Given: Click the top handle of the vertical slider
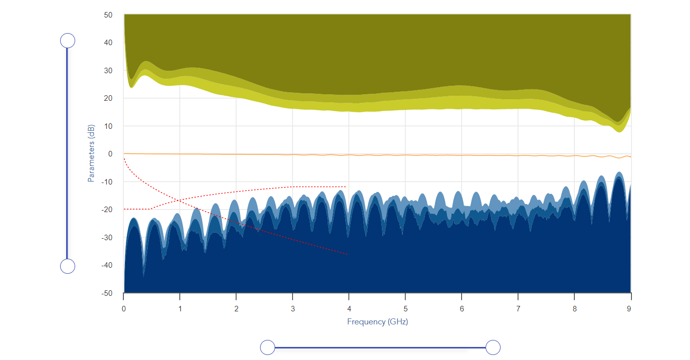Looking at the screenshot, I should click(68, 41).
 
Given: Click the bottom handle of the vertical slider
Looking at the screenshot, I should click(68, 266).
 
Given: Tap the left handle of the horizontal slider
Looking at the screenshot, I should click(268, 347).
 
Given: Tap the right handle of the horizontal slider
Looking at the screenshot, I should click(494, 347).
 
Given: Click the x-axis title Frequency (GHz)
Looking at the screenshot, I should click(377, 322).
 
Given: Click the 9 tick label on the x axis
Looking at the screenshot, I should click(629, 309).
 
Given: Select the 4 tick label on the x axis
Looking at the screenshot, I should click(349, 309).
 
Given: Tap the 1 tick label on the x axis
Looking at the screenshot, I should click(180, 309).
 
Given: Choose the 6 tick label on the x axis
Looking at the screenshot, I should click(462, 309).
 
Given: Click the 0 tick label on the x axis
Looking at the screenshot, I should click(124, 309).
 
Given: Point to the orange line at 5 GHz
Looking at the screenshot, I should click(405, 155).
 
